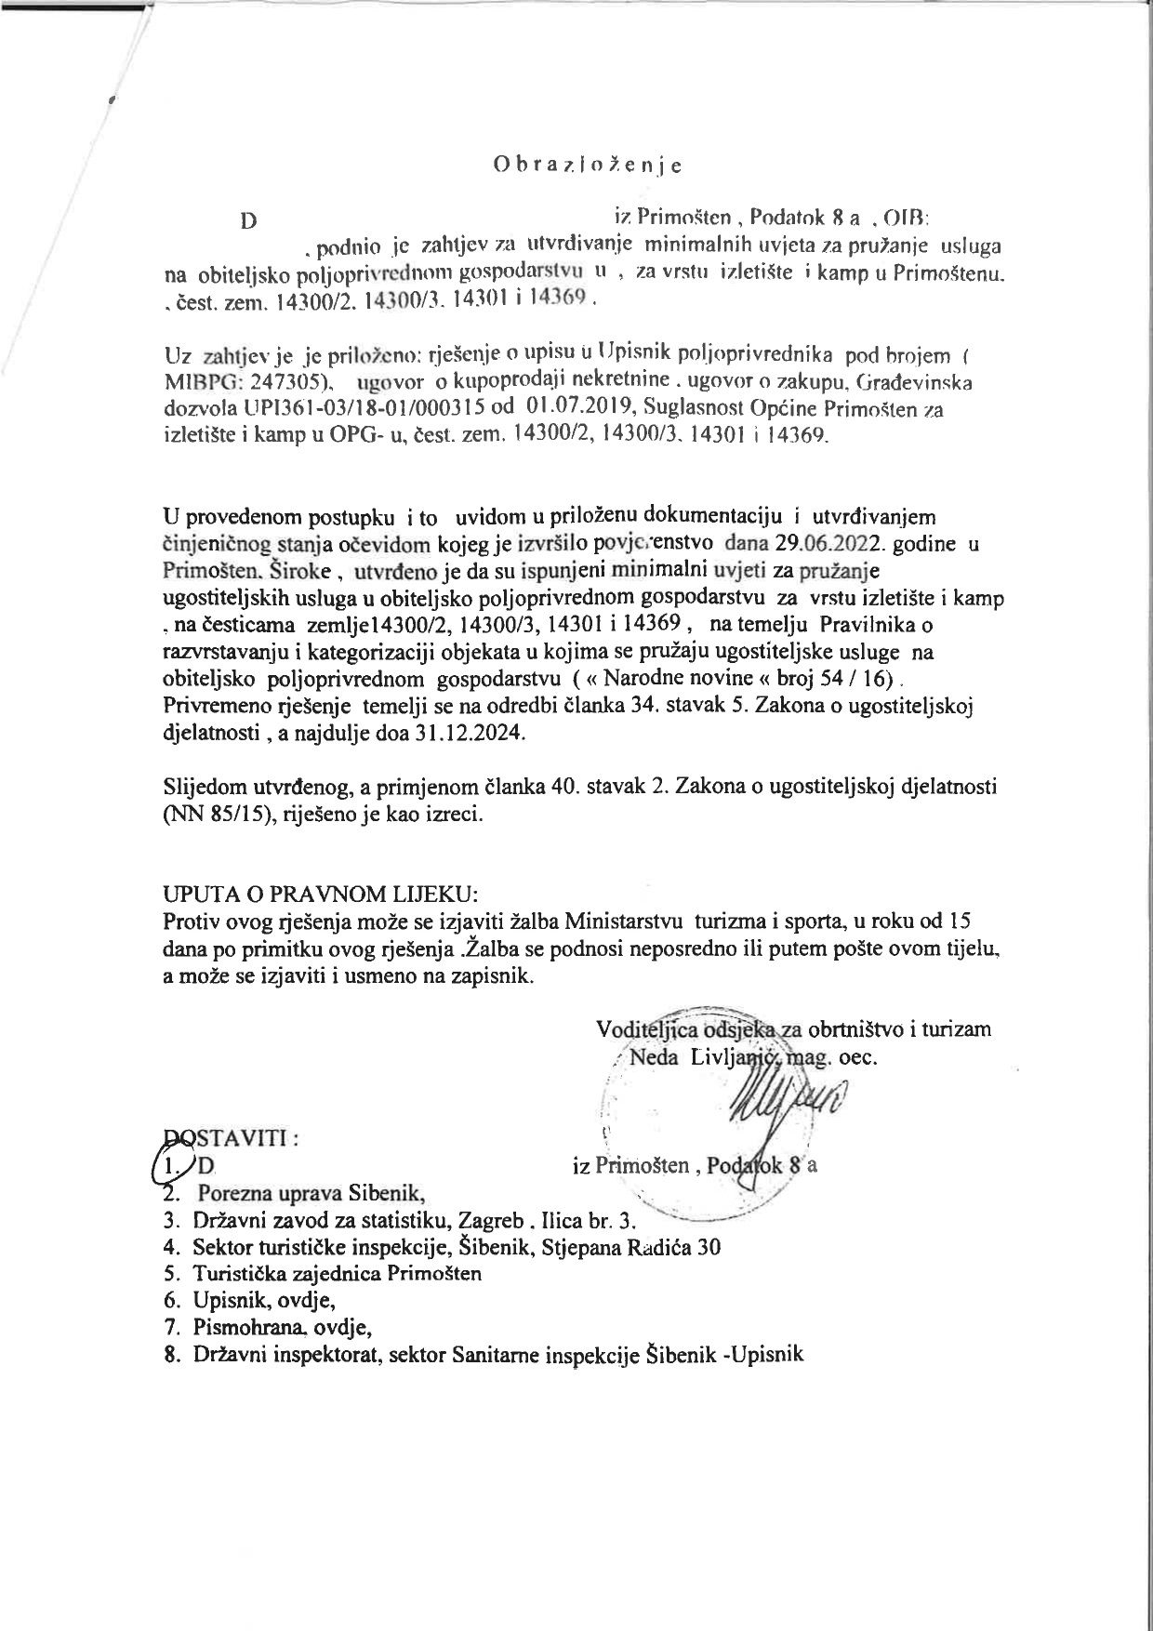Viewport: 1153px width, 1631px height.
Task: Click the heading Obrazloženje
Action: pos(587,166)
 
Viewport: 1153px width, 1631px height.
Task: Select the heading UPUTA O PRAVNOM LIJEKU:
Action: pos(321,895)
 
